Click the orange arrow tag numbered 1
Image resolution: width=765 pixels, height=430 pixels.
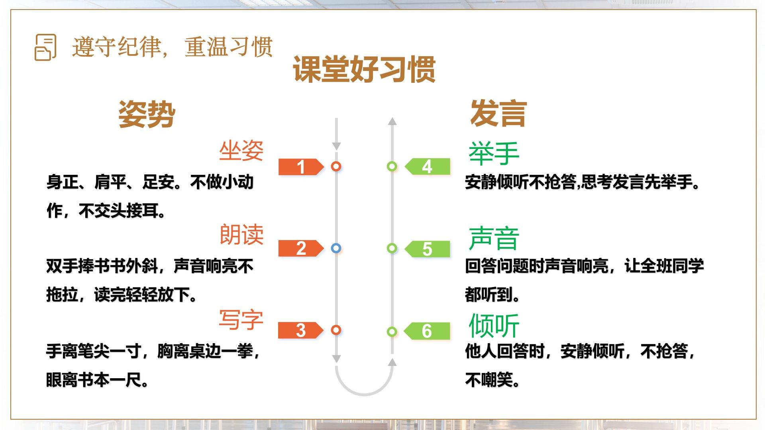[301, 167]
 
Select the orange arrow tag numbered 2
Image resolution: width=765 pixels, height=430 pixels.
[301, 248]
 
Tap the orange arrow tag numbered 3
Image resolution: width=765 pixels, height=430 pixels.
[300, 330]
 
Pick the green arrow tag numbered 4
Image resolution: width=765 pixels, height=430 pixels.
[427, 166]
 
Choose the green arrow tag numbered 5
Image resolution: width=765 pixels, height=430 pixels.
[427, 249]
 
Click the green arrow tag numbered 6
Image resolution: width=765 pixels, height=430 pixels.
[427, 331]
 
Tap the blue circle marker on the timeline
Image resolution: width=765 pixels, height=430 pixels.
[336, 248]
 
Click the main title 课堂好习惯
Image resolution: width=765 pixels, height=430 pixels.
[364, 69]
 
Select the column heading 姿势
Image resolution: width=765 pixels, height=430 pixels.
[147, 114]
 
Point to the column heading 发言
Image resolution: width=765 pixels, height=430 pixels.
[498, 113]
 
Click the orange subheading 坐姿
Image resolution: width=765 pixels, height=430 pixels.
[241, 151]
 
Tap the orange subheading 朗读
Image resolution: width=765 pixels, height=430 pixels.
[241, 235]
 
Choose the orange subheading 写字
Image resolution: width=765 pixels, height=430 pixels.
[241, 320]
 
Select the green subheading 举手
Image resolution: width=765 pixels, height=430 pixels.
[494, 154]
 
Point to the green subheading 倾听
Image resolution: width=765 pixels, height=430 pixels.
[494, 326]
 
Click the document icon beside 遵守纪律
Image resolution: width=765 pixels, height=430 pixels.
[45, 47]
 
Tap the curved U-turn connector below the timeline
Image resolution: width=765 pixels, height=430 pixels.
[365, 394]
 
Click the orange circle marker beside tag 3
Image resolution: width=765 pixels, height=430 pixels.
[336, 330]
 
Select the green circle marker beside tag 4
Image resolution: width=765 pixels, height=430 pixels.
[392, 166]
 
